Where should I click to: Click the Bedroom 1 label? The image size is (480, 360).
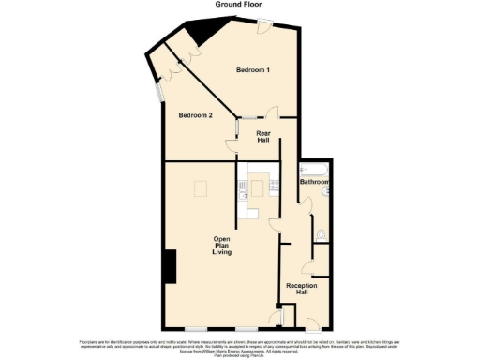pyautogui.click(x=253, y=71)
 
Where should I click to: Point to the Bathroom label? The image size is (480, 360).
pyautogui.click(x=313, y=181)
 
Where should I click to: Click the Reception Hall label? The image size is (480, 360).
pyautogui.click(x=297, y=289)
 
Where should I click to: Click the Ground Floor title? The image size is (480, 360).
pyautogui.click(x=239, y=5)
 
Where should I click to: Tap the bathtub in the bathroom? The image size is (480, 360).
pyautogui.click(x=313, y=168)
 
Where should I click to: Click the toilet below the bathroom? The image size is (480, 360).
pyautogui.click(x=321, y=234)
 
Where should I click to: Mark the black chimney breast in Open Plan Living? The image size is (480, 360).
pyautogui.click(x=170, y=266)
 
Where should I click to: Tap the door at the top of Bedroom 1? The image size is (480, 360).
pyautogui.click(x=267, y=27)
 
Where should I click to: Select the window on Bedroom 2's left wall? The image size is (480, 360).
pyautogui.click(x=157, y=93)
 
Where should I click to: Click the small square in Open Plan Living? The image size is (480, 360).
pyautogui.click(x=202, y=190)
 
